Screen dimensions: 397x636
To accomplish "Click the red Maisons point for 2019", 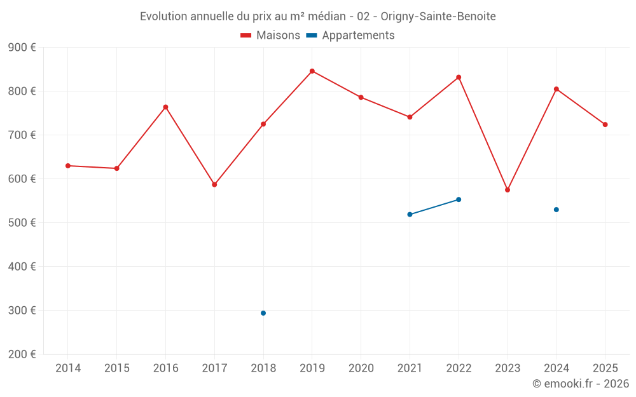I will [x=312, y=71].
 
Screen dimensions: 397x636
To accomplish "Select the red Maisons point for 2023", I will [x=508, y=190].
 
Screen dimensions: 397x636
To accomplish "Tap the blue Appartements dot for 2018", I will [x=263, y=313].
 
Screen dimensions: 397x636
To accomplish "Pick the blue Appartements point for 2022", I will [x=459, y=199].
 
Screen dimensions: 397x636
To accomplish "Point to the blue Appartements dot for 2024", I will [x=556, y=210].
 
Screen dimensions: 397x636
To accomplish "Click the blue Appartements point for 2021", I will [x=410, y=215].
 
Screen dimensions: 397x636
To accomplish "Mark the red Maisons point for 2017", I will [x=214, y=185].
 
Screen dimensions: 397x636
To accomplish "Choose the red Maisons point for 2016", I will [x=165, y=107].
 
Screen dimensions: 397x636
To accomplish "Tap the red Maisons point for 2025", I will [x=605, y=124].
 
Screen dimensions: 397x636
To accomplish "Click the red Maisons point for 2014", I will [x=68, y=166].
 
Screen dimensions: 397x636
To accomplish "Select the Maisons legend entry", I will [x=270, y=36].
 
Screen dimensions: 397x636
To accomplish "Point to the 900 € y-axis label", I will [x=22, y=48].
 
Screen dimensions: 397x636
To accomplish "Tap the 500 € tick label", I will [x=22, y=223].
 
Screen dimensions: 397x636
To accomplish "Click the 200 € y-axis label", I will [x=22, y=354].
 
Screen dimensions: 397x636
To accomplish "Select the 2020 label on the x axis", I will [x=361, y=368].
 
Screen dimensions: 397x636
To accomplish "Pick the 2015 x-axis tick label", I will [x=117, y=368].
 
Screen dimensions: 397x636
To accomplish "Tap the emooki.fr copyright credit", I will [x=581, y=384].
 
